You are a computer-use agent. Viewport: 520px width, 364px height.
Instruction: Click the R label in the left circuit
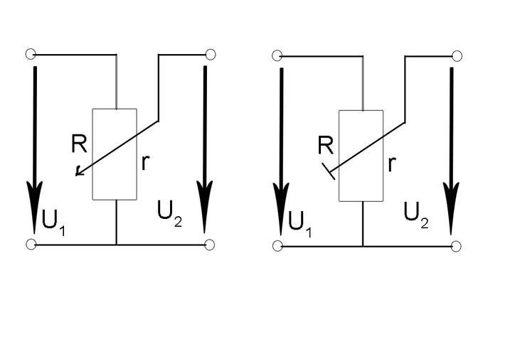coord(79,144)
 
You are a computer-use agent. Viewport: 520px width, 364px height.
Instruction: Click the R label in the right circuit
coord(326,146)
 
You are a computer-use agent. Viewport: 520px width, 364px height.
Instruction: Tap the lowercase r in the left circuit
coord(145,162)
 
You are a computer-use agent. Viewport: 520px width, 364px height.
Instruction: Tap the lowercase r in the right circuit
coord(391,164)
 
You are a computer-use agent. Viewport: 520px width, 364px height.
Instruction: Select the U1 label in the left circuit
coord(54,221)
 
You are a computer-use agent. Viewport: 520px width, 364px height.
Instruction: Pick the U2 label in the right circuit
coord(415,215)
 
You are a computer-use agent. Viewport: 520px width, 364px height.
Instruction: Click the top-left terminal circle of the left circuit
coord(31,54)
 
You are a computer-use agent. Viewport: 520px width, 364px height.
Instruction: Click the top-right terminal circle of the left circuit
coord(210,54)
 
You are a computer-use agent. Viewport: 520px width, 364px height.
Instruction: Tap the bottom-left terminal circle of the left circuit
coord(31,245)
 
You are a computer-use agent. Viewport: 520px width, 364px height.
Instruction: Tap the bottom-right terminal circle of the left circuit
coord(210,245)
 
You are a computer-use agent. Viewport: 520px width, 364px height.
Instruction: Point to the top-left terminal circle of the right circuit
coord(277,55)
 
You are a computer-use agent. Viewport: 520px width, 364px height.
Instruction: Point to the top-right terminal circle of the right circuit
coord(457,55)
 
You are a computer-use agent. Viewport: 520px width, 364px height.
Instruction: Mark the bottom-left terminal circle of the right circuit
coord(277,246)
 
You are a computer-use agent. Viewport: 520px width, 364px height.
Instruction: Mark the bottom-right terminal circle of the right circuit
coord(457,246)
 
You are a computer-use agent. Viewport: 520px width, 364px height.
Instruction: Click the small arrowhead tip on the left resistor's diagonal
coord(78,173)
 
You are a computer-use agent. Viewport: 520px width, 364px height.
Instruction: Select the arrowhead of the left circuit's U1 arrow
coord(34,206)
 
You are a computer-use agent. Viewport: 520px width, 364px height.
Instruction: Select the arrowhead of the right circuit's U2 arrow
coord(451,208)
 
